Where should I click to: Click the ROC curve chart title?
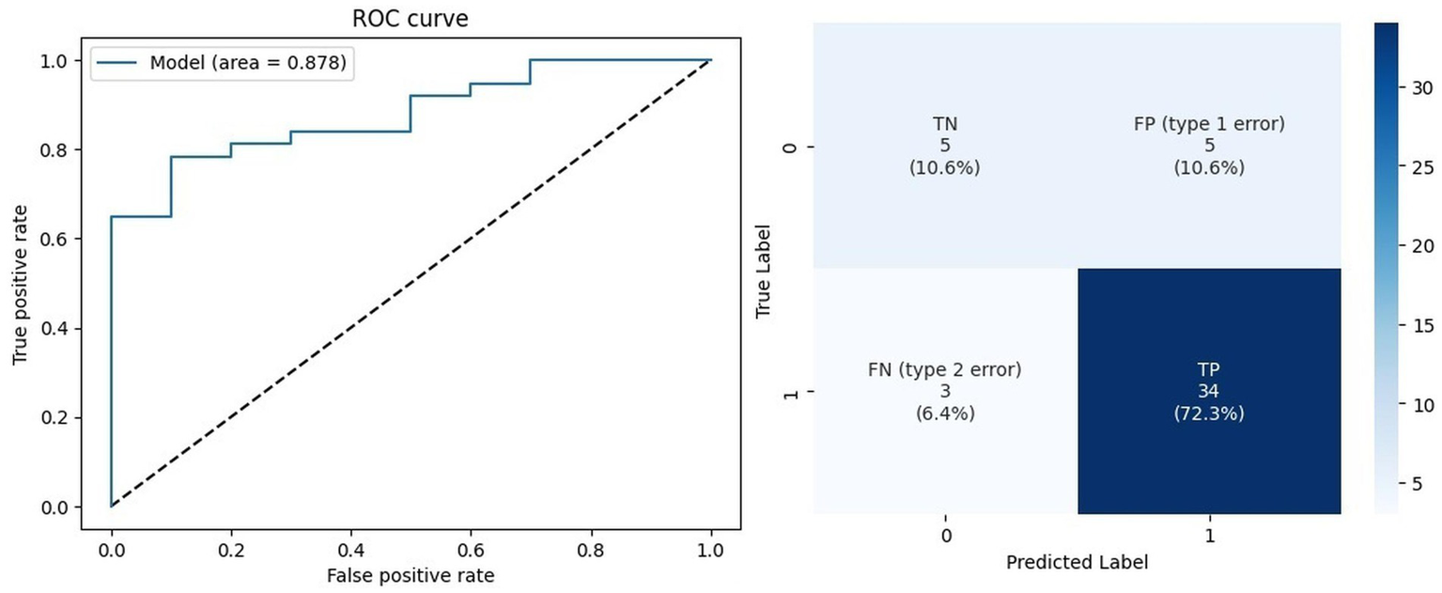411,19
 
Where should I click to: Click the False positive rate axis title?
410,574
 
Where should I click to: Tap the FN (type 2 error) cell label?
945,370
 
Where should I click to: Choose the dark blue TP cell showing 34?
1209,392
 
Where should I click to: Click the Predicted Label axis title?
1077,563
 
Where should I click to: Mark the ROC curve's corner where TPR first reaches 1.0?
530,60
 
